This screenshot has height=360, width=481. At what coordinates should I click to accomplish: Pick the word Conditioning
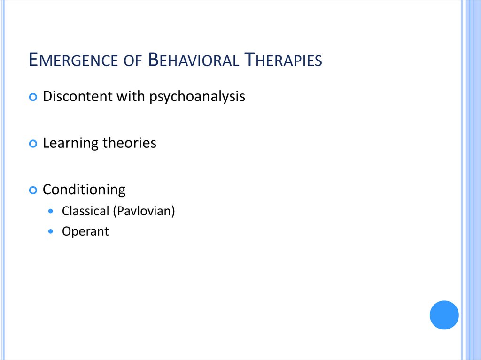pyautogui.click(x=84, y=190)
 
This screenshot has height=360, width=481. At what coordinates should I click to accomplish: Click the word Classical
pyautogui.click(x=85, y=211)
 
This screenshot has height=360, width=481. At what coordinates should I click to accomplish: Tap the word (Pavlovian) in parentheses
pyautogui.click(x=144, y=212)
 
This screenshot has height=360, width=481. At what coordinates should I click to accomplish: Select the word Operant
pyautogui.click(x=85, y=232)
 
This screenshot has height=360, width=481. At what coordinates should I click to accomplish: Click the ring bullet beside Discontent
pyautogui.click(x=32, y=97)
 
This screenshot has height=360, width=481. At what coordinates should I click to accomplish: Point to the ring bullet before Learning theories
pyautogui.click(x=32, y=144)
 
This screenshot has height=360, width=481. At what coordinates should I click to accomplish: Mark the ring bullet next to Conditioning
pyautogui.click(x=32, y=191)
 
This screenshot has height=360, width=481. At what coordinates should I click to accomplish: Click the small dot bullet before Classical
pyautogui.click(x=51, y=212)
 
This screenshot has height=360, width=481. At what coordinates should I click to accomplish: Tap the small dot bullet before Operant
pyautogui.click(x=51, y=232)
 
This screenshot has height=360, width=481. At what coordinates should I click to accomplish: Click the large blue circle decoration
pyautogui.click(x=444, y=315)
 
